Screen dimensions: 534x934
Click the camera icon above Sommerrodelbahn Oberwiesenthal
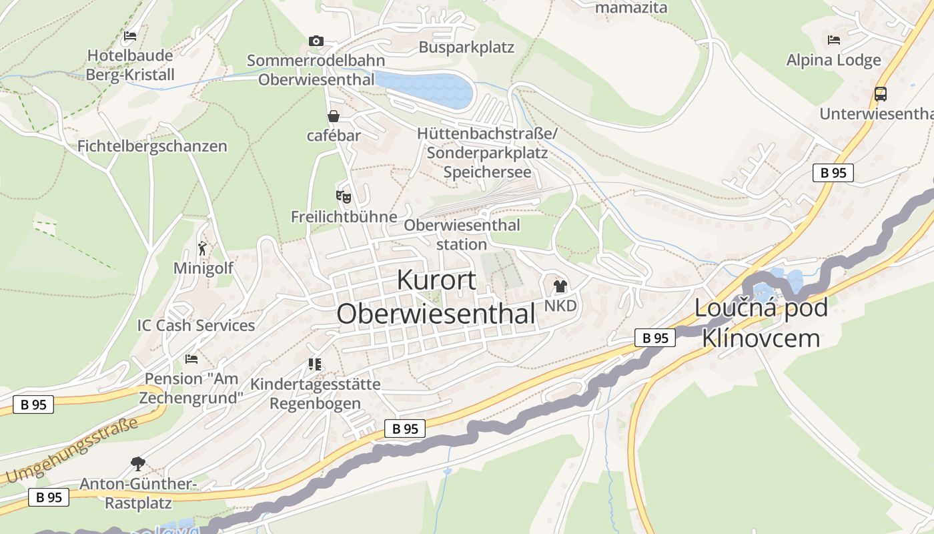[x=316, y=41]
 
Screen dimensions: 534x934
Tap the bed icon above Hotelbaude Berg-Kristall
[x=130, y=36]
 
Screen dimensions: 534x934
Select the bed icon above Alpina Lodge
[x=834, y=40]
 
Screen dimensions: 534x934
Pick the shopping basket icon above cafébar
[x=334, y=116]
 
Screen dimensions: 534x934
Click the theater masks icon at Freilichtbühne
[x=343, y=196]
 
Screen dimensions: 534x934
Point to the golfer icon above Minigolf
[x=203, y=248]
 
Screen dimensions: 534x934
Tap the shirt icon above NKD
[x=560, y=286]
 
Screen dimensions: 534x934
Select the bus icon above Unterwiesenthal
[x=881, y=94]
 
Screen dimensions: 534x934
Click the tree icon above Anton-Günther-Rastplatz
[x=138, y=463]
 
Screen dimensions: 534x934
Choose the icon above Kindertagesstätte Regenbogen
[x=315, y=364]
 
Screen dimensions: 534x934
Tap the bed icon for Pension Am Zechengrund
[x=191, y=359]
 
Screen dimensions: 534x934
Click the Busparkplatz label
[x=466, y=47]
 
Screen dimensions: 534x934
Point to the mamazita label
[x=630, y=8]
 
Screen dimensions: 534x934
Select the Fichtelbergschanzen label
[x=152, y=146]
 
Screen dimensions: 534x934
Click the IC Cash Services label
[x=196, y=326]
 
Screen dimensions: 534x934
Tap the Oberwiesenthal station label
[x=462, y=234]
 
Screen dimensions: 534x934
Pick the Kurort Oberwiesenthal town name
[x=436, y=297]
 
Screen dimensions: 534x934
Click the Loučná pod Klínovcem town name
[x=761, y=323]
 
